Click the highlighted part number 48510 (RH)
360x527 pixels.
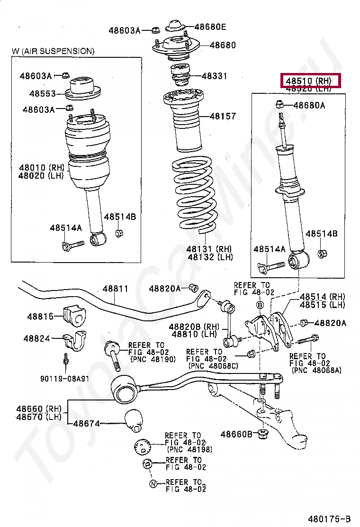coord(310,81)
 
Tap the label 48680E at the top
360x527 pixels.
coord(210,27)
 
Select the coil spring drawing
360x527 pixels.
coord(196,194)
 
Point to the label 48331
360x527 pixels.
coord(214,76)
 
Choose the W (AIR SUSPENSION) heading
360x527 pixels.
coord(53,51)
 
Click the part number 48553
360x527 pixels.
coord(42,93)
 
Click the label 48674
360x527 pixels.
coord(86,423)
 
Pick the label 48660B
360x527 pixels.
coord(236,434)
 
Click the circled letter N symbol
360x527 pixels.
coord(153,484)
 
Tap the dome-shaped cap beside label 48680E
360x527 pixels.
coord(175,27)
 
